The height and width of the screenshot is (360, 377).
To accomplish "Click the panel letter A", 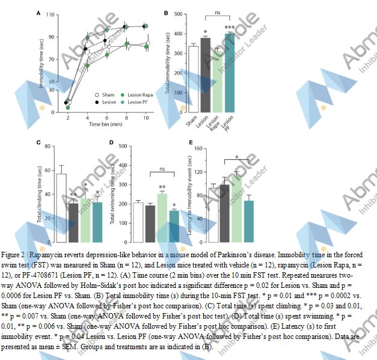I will click(x=39, y=13).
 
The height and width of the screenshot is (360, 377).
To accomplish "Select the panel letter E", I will click(x=191, y=142).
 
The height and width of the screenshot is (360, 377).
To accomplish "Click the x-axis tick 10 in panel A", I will click(x=146, y=117).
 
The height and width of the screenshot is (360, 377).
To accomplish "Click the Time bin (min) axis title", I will click(x=106, y=124).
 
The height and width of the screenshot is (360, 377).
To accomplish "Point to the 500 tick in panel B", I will click(x=179, y=13).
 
